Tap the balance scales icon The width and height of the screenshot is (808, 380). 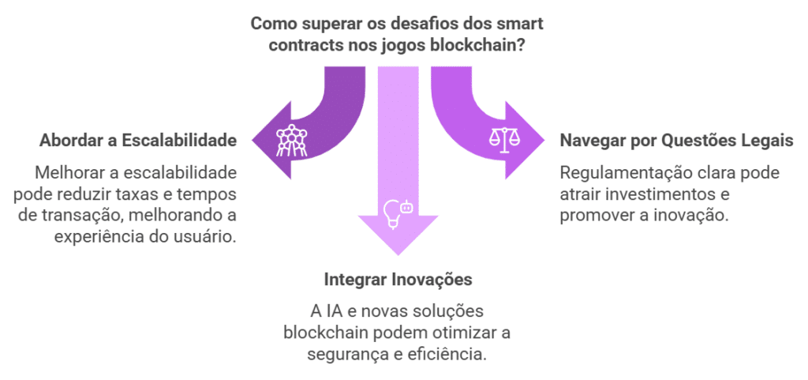pos(505,140)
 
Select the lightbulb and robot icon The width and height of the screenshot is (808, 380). pos(397,212)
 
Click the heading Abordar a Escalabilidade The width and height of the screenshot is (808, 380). pos(138,141)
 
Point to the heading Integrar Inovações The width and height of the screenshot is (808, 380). pos(398,280)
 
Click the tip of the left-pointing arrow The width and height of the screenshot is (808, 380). pos(253,142)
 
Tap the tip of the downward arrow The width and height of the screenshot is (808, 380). pos(398,255)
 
